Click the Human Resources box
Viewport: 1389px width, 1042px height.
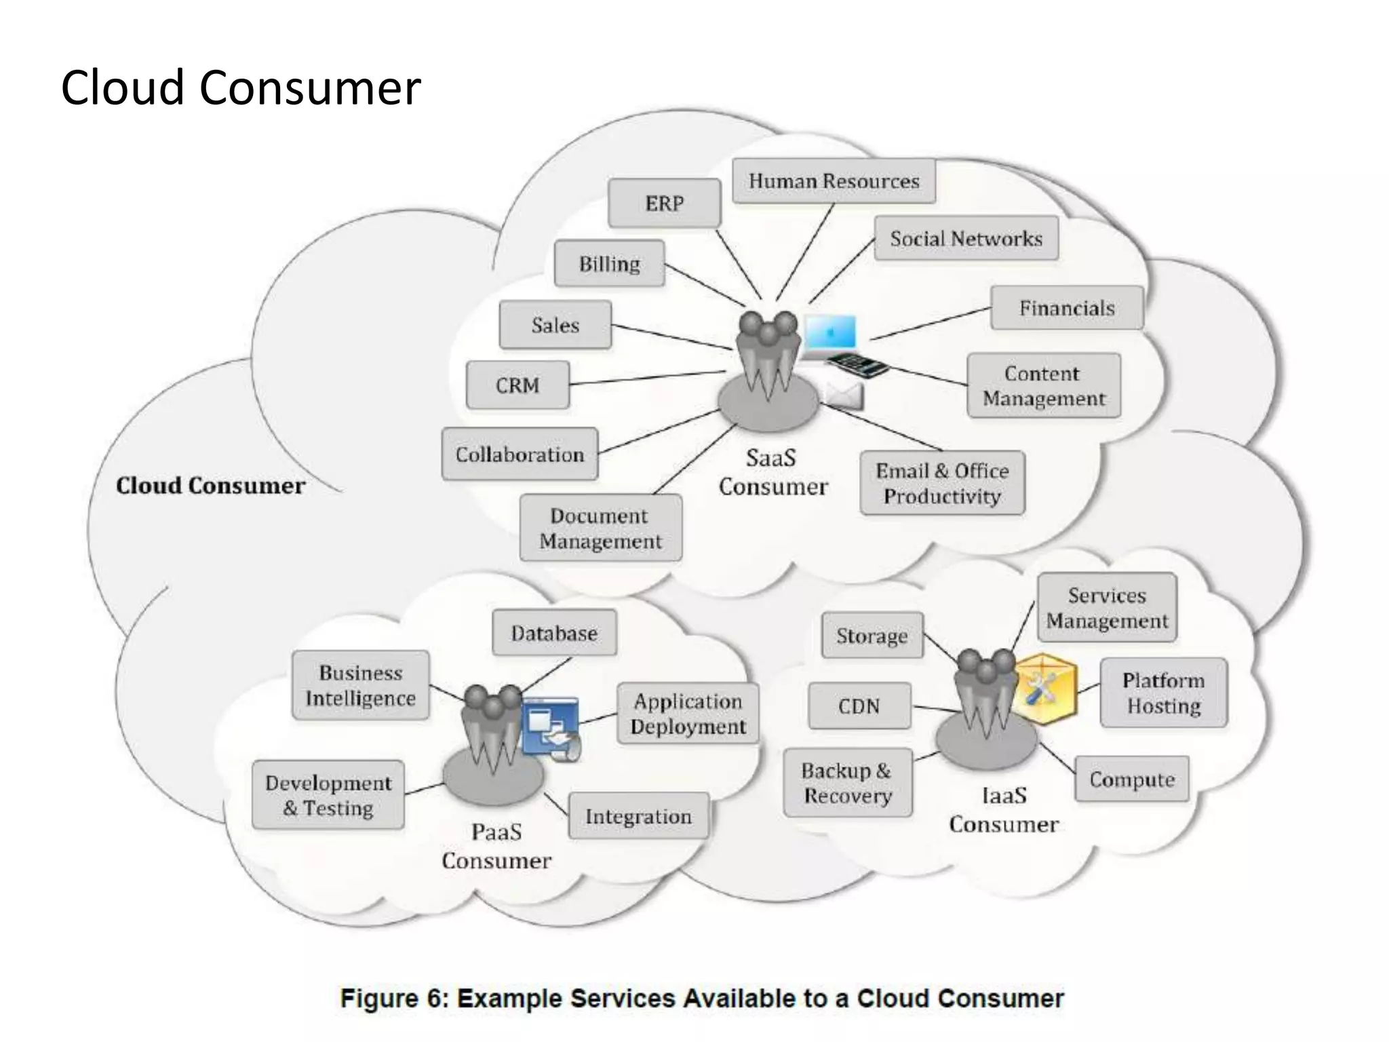point(834,181)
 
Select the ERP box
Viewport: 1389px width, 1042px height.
point(664,203)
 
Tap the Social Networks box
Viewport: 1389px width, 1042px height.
point(966,238)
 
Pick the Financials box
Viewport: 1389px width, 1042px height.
point(1066,308)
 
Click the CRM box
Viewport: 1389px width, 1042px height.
point(517,385)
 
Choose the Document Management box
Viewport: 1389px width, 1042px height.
point(600,528)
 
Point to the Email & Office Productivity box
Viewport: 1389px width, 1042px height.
point(942,483)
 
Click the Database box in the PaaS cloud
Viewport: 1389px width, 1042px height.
point(554,633)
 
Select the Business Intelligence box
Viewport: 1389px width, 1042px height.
point(360,685)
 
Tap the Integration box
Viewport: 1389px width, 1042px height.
point(638,816)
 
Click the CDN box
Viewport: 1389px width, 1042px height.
point(859,706)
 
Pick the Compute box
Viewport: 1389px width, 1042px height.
point(1131,779)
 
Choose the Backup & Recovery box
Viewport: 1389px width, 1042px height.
point(847,783)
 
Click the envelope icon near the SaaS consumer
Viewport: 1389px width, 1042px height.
point(844,395)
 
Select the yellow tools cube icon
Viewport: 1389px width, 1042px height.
point(1044,689)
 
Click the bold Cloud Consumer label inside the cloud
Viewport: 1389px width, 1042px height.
point(210,486)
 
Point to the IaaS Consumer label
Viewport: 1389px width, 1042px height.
point(1003,809)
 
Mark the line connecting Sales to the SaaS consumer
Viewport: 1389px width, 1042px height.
point(671,337)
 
